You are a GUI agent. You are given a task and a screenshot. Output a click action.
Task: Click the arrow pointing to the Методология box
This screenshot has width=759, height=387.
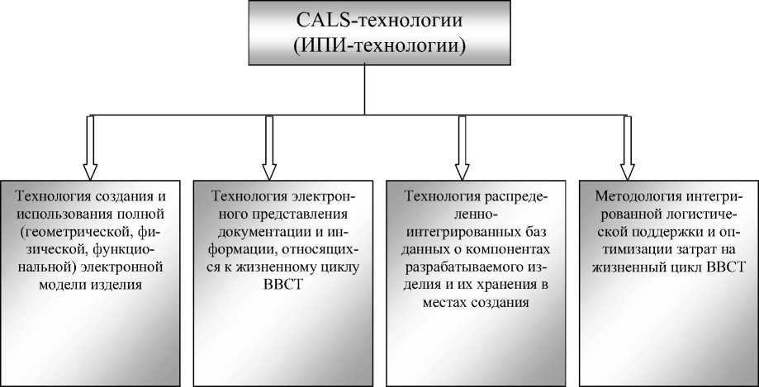point(627,147)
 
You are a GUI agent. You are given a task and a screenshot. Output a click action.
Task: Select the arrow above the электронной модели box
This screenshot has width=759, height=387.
point(90,147)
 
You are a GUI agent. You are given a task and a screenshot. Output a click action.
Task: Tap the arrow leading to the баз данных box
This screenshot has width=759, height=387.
point(459,147)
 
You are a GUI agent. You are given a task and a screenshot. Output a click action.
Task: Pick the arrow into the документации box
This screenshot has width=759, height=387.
point(268,147)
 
